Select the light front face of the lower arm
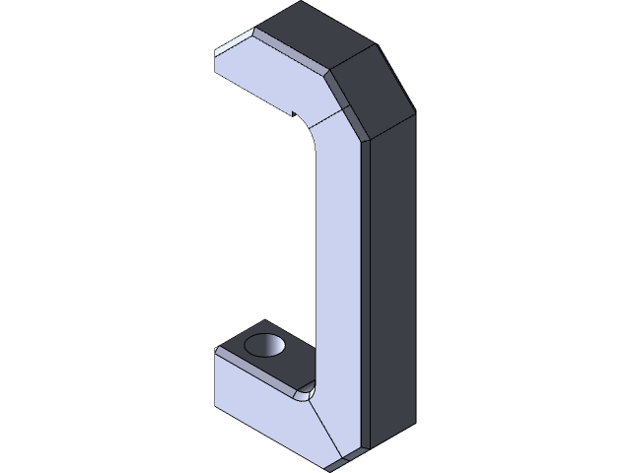[261, 414]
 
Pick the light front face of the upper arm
[266, 79]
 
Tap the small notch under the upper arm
[292, 114]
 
